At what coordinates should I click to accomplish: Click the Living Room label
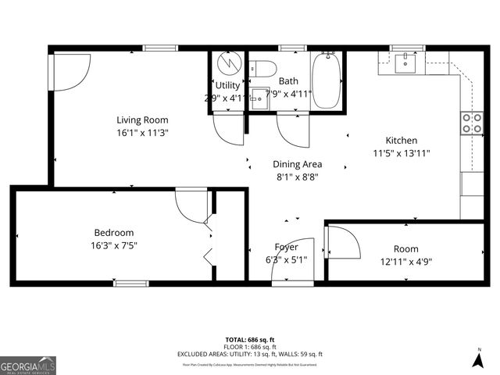142,120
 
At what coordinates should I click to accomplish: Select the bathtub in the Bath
327,81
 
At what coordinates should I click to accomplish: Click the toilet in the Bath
261,67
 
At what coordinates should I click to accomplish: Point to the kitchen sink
406,62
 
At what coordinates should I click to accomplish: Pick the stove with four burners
472,123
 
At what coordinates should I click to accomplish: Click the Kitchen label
402,141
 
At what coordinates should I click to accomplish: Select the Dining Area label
297,164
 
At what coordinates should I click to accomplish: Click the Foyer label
286,247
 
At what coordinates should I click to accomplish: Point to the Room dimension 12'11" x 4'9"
405,262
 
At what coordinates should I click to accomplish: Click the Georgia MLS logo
28,365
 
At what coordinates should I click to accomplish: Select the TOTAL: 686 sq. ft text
250,339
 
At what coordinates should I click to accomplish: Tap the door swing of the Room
345,244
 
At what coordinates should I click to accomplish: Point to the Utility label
227,85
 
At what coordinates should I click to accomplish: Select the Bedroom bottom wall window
130,283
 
